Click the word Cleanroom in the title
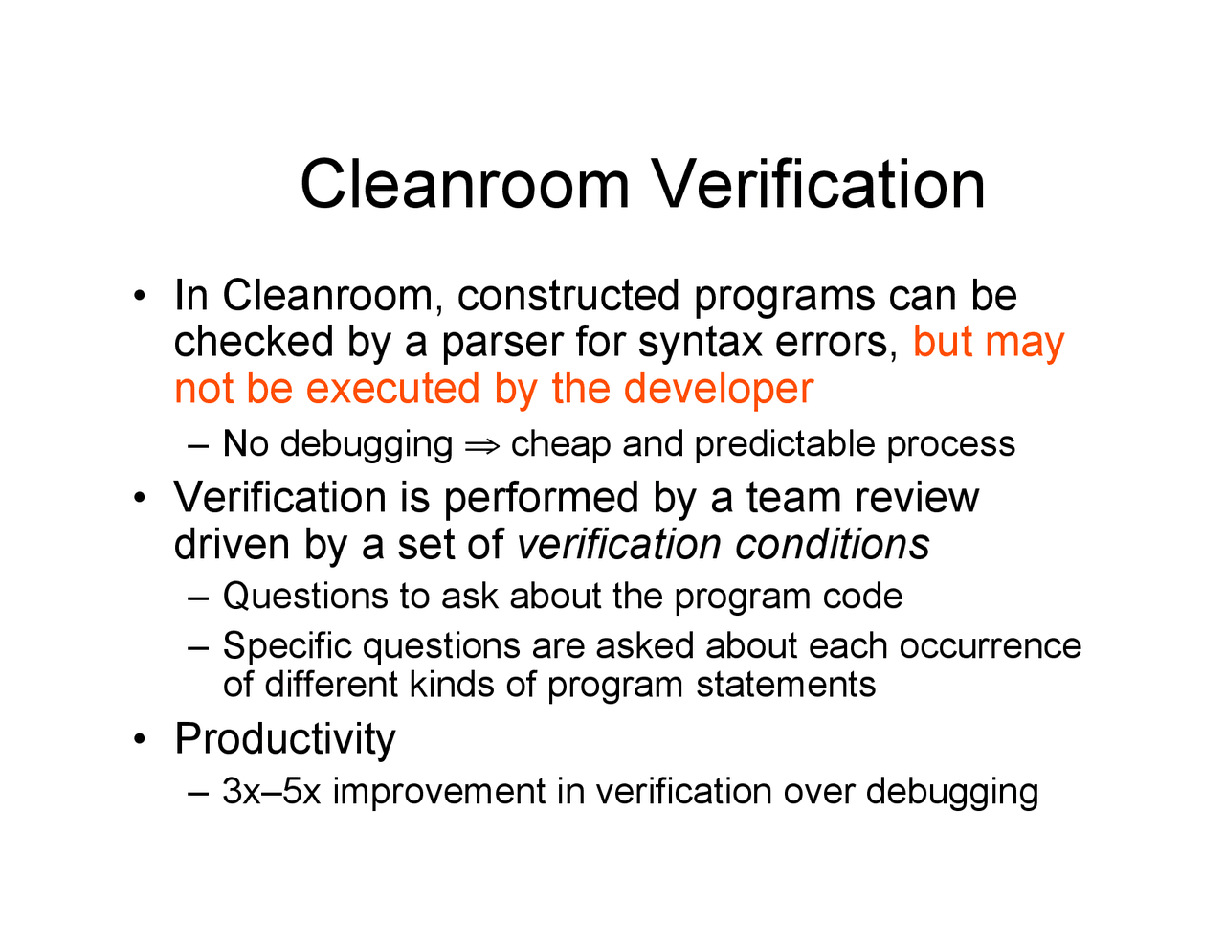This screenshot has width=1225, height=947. [x=465, y=184]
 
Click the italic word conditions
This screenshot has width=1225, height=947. [x=832, y=544]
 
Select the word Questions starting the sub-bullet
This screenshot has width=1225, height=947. [x=305, y=597]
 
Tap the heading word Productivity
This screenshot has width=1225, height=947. [x=284, y=739]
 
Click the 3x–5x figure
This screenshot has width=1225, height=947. [x=271, y=792]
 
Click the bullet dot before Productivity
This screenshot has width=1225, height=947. [x=141, y=739]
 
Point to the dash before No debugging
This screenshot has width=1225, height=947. [x=198, y=445]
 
